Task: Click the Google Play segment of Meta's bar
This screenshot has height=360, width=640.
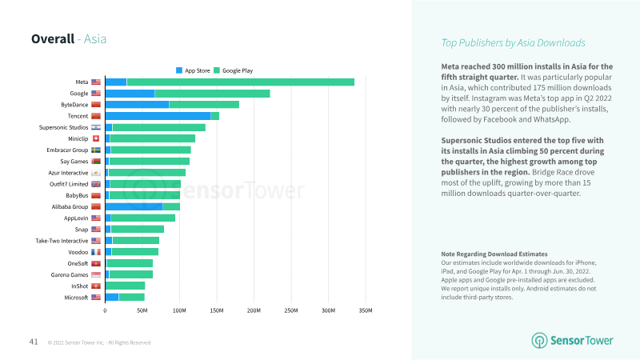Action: point(240,82)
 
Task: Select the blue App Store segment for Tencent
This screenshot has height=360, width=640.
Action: point(158,116)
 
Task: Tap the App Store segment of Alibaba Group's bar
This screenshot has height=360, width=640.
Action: point(134,206)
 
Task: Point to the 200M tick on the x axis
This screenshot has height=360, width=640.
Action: point(254,310)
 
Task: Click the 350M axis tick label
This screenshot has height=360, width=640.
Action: point(365,310)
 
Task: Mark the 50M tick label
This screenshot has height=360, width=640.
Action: point(142,310)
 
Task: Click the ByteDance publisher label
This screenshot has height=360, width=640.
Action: point(74,105)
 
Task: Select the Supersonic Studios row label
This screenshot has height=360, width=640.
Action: point(63,127)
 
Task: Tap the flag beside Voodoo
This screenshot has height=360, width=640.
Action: point(96,252)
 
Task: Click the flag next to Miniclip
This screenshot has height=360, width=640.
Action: point(96,138)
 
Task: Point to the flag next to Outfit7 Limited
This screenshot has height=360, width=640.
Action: point(96,184)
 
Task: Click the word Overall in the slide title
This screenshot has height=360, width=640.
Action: point(53,38)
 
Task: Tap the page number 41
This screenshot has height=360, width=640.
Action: point(34,342)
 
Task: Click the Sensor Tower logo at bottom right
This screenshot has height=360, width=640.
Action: point(574,340)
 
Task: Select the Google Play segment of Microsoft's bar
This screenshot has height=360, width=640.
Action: point(132,297)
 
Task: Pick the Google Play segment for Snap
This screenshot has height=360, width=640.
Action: point(137,229)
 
